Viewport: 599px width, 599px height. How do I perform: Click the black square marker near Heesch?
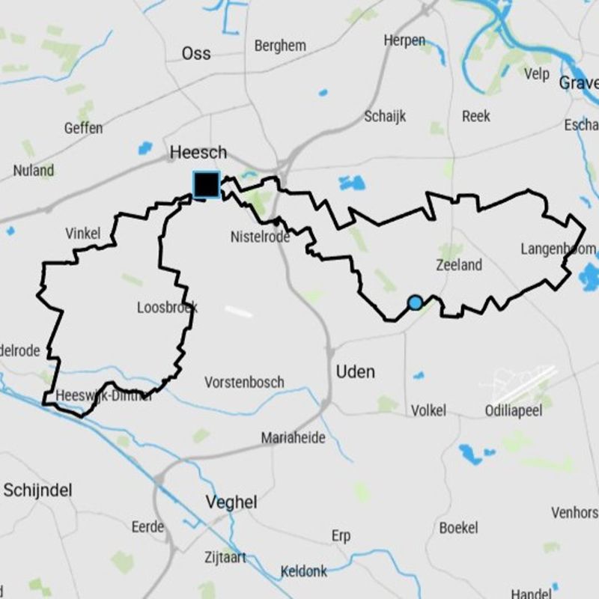click(206, 184)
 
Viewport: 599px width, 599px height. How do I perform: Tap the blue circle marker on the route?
click(415, 302)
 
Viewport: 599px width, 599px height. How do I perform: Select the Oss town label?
click(196, 53)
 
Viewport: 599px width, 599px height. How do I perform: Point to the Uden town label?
click(355, 372)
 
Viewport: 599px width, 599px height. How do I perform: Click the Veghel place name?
click(231, 502)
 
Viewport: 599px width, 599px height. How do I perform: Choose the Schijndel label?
click(37, 490)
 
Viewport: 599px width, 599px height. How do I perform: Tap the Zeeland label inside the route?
click(459, 265)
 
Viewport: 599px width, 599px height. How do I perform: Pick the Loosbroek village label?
click(167, 307)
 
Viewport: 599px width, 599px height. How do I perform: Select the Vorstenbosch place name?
click(244, 383)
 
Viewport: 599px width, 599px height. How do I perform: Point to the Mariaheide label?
click(293, 438)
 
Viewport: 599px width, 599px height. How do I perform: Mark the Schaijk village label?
click(385, 116)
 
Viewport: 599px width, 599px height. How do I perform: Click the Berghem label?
click(280, 46)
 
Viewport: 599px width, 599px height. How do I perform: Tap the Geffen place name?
click(83, 128)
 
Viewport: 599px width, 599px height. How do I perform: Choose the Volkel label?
click(428, 410)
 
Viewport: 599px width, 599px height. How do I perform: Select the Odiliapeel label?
click(512, 410)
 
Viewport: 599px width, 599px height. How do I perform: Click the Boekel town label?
click(458, 528)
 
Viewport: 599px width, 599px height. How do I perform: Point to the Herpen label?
click(404, 40)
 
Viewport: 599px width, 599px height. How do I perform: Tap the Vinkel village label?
click(82, 234)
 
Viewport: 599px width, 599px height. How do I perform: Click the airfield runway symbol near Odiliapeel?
click(524, 383)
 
